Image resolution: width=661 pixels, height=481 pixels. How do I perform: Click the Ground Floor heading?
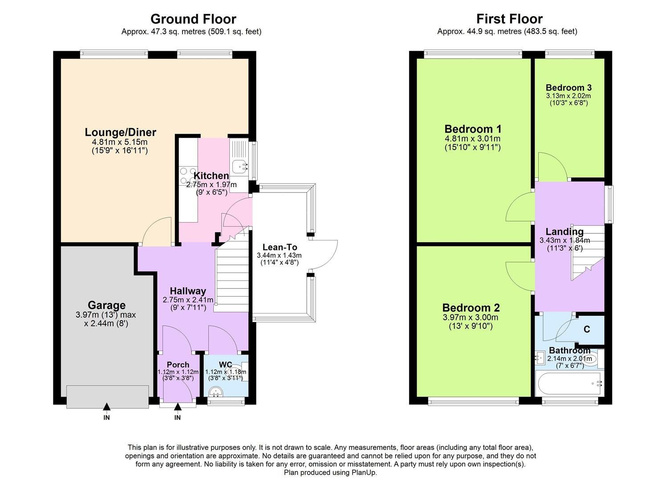click(193, 19)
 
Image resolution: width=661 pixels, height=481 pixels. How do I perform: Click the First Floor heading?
click(509, 19)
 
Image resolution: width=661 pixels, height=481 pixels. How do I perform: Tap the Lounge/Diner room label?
click(120, 132)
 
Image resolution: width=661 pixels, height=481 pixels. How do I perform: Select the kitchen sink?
click(239, 166)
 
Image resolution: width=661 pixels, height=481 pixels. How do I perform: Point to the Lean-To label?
click(280, 247)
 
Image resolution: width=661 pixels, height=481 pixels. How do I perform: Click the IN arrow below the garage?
click(106, 407)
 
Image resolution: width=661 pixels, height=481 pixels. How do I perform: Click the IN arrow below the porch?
click(177, 407)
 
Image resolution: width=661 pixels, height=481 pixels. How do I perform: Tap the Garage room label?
click(106, 305)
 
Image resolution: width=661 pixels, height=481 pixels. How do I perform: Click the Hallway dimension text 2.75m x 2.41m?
click(188, 300)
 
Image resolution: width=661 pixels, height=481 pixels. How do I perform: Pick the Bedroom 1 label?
click(473, 129)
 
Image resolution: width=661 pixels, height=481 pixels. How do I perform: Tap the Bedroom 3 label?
click(568, 88)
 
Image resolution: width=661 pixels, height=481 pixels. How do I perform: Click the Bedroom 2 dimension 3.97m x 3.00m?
click(470, 318)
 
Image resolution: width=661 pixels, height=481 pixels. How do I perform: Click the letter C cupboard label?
click(587, 329)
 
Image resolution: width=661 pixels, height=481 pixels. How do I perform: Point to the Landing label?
click(564, 232)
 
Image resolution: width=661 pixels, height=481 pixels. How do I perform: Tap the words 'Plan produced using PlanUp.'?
click(330, 473)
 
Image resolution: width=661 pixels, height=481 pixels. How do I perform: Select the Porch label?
click(178, 365)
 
